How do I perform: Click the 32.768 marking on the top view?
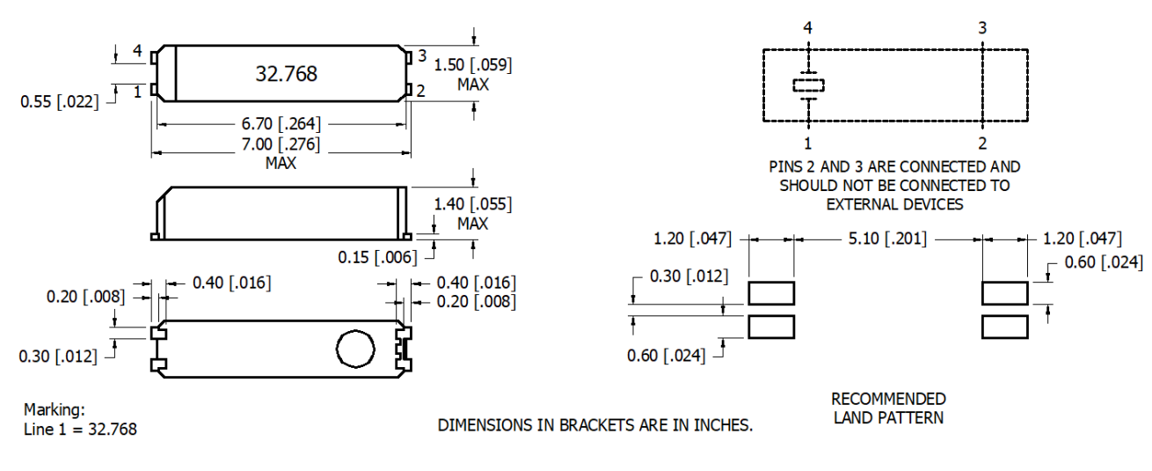286,74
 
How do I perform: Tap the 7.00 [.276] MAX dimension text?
281,144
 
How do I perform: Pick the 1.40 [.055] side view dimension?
472,204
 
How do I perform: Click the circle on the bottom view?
355,349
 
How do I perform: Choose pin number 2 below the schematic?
982,143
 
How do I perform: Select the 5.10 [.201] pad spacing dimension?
886,238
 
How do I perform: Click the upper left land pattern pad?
770,292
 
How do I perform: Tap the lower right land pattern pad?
1004,326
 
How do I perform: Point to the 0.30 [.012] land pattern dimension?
689,276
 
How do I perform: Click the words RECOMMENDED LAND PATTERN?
888,408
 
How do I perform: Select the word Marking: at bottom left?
55,409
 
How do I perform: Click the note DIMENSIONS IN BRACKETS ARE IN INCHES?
595,425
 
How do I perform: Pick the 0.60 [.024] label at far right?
1103,262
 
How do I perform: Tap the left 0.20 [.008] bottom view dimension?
85,297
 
